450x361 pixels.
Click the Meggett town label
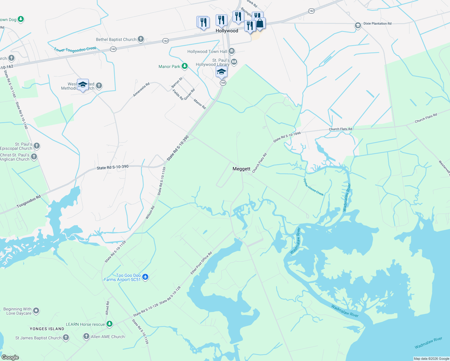tap(241, 169)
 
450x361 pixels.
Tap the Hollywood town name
tap(227, 31)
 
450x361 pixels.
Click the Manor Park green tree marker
tap(185, 66)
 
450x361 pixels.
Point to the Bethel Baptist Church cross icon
tap(141, 39)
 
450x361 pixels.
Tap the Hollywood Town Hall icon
tap(232, 51)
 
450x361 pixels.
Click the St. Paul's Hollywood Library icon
tap(234, 62)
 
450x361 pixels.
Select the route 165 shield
tap(223, 83)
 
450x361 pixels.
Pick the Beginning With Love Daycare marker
tap(36, 310)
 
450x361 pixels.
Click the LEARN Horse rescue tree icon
tap(110, 324)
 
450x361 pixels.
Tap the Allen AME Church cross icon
tap(86, 336)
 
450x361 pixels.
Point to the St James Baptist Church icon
tap(66, 338)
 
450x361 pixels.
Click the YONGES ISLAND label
tap(47, 329)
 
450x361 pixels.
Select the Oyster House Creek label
tap(313, 187)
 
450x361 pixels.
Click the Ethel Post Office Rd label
tap(201, 263)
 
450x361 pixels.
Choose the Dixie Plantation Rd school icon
tap(358, 25)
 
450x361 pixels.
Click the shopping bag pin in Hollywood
tap(260, 23)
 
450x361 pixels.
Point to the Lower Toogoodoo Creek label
tap(75, 49)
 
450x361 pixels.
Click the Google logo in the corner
tap(10, 357)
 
